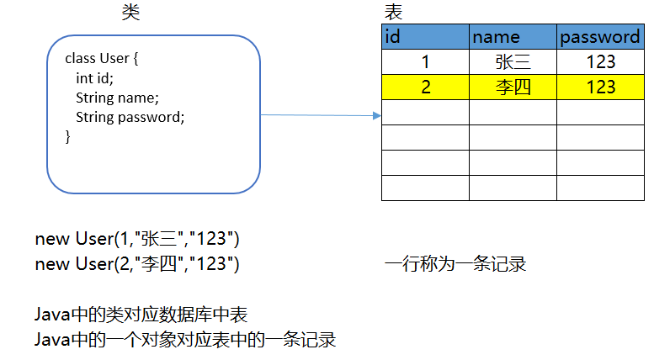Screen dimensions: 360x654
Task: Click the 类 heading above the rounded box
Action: (131, 12)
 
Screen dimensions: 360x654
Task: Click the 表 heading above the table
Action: (393, 12)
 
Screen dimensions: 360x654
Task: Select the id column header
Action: (425, 37)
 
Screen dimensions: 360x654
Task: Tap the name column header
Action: (513, 37)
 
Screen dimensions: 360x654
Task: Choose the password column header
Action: (600, 37)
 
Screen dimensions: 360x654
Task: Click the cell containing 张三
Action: (513, 62)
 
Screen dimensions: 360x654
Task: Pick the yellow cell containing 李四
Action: (513, 87)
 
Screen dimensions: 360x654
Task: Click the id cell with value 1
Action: (425, 62)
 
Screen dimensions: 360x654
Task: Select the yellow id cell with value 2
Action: (425, 87)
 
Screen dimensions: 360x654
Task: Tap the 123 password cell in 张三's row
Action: (600, 62)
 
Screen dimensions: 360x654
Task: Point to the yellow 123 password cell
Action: (600, 87)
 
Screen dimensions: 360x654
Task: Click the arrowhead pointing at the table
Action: (377, 116)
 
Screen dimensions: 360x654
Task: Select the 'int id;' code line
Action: (94, 78)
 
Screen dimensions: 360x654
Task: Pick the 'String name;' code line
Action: (117, 98)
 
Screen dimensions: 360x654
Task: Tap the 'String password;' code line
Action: (130, 117)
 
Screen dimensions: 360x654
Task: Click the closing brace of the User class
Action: (68, 135)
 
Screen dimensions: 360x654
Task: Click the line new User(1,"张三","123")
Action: (137, 239)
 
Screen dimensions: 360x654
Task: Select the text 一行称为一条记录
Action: (455, 264)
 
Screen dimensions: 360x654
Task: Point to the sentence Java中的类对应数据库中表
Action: (141, 315)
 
